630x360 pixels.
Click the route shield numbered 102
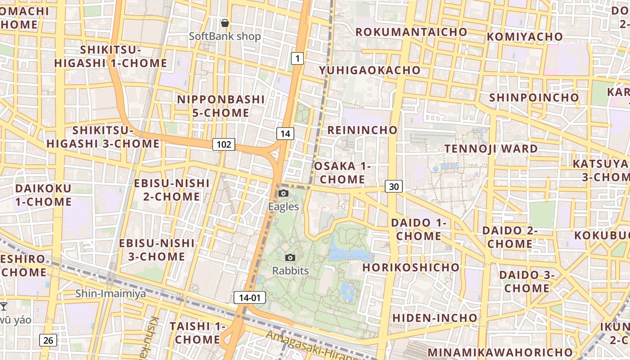click(x=224, y=144)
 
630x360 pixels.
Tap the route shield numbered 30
click(x=394, y=186)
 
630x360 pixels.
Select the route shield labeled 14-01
click(x=250, y=297)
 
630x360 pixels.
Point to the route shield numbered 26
click(x=48, y=340)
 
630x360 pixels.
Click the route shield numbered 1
click(x=297, y=58)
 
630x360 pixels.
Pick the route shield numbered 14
click(x=285, y=133)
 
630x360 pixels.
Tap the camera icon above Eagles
click(x=283, y=193)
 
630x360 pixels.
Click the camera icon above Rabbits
click(x=291, y=258)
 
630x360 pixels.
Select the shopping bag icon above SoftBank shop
click(x=225, y=23)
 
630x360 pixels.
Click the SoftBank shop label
click(x=225, y=36)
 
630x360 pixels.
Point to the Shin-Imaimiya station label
click(x=111, y=294)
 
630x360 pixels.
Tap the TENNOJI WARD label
click(x=491, y=148)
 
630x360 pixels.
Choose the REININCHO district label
click(x=362, y=130)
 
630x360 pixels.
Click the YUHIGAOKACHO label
click(x=369, y=70)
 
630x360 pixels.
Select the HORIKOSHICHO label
click(x=411, y=267)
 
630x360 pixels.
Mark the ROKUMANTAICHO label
click(x=411, y=32)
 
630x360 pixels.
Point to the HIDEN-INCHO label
click(x=435, y=318)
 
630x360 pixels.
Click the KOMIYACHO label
click(x=525, y=36)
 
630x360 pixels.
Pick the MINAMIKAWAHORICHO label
click(x=500, y=352)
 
